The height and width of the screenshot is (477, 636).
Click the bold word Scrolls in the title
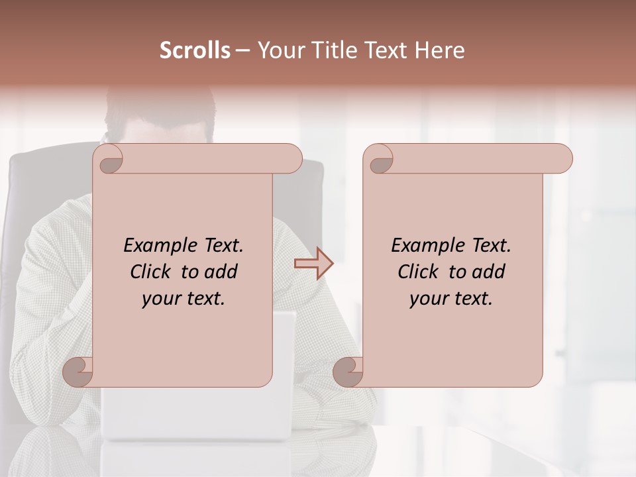pyautogui.click(x=195, y=50)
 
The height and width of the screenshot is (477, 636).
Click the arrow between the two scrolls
pyautogui.click(x=313, y=264)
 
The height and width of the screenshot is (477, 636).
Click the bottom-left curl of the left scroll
pyautogui.click(x=78, y=372)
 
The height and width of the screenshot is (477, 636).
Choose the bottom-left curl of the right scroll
pyautogui.click(x=348, y=372)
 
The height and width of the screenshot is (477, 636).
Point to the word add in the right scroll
pyautogui.click(x=489, y=272)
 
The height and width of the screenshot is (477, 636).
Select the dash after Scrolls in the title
pyautogui.click(x=243, y=50)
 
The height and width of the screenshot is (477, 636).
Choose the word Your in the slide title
pyautogui.click(x=279, y=50)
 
